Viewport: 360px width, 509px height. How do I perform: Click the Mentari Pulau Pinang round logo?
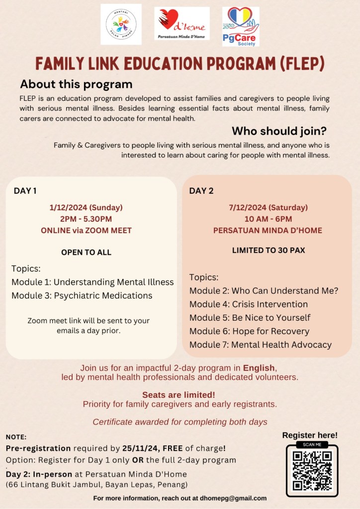[x=121, y=24]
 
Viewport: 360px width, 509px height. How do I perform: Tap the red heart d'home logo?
[x=181, y=23]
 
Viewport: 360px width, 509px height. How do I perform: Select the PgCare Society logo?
[x=240, y=26]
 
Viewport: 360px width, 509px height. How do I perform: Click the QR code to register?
[x=312, y=471]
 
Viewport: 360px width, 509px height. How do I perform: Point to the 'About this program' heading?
[x=76, y=84]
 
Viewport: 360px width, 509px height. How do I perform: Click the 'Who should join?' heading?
[x=279, y=131]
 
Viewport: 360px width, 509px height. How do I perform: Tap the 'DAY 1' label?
[x=25, y=190]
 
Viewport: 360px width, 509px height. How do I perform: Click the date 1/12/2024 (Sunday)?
[x=86, y=207]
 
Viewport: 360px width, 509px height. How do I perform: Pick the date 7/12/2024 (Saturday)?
[x=268, y=207]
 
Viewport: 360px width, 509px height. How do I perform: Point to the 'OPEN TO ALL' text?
[x=86, y=253]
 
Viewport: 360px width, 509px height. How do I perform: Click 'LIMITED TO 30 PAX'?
[x=268, y=251]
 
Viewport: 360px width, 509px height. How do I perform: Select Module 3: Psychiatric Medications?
[x=82, y=296]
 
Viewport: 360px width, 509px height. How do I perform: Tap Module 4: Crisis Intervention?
[x=248, y=304]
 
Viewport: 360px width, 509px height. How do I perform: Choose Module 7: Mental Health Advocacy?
[x=260, y=344]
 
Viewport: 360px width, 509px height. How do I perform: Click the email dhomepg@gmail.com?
[x=233, y=498]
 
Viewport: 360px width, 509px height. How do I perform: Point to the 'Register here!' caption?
[x=310, y=435]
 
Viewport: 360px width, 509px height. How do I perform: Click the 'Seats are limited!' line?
[x=179, y=395]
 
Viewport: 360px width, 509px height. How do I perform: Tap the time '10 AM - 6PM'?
[x=268, y=219]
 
